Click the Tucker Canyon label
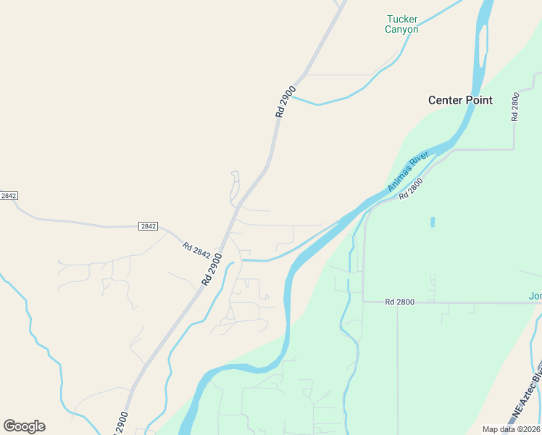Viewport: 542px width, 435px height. pyautogui.click(x=401, y=25)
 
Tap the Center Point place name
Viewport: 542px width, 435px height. pyautogui.click(x=460, y=100)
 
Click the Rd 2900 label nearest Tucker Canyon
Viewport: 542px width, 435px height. pyautogui.click(x=285, y=102)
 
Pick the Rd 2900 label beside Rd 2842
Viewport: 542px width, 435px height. pyautogui.click(x=211, y=269)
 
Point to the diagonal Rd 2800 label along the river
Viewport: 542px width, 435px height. pyautogui.click(x=410, y=190)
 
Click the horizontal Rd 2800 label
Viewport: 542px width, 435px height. pyautogui.click(x=400, y=302)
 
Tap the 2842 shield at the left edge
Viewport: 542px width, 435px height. pyautogui.click(x=8, y=196)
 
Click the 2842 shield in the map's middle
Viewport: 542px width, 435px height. pyautogui.click(x=148, y=226)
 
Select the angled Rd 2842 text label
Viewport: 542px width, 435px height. pyautogui.click(x=196, y=250)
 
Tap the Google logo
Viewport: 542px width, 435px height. pyautogui.click(x=24, y=426)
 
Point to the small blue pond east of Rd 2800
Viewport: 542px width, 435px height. pyautogui.click(x=433, y=222)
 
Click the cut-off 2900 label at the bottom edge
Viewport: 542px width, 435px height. pyautogui.click(x=121, y=423)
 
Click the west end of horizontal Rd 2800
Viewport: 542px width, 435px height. pyautogui.click(x=364, y=302)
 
